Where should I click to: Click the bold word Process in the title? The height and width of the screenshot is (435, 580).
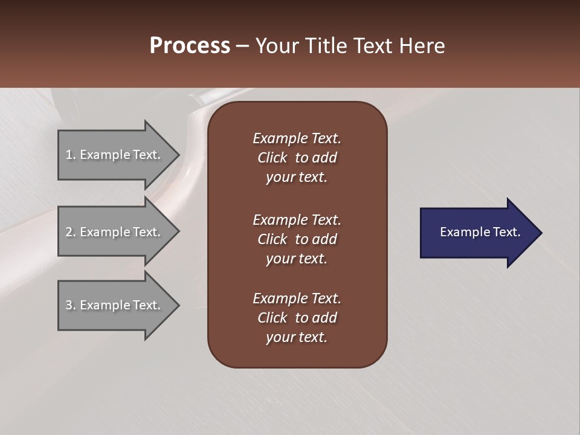pos(190,46)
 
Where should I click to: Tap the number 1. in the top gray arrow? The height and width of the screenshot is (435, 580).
pos(71,155)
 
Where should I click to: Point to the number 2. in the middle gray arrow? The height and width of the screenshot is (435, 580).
pos(71,232)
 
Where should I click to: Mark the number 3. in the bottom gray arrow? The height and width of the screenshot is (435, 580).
pos(71,305)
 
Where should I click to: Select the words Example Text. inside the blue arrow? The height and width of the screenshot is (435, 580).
pos(480,232)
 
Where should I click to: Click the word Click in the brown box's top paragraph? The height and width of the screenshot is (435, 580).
pos(272,158)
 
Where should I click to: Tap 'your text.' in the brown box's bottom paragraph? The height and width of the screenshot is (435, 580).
pos(297,338)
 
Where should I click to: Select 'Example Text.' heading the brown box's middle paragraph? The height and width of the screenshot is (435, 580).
pos(297,219)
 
